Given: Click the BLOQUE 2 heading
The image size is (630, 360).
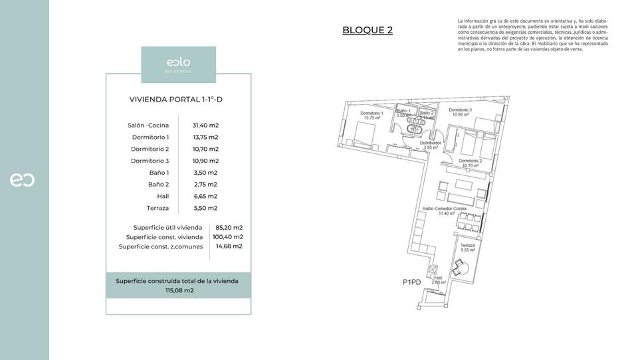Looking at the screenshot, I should coord(367,30).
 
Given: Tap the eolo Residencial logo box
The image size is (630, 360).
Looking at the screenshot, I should coord(178,64).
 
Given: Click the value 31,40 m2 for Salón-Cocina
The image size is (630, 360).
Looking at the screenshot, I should coord(205,125).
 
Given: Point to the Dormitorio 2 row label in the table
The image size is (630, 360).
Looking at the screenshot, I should coord(150,149).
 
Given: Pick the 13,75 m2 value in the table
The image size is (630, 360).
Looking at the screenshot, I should coord(205,137).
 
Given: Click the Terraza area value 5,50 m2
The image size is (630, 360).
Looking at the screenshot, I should coord(205,208).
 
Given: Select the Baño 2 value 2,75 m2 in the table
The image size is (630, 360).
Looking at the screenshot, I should coord(205,184).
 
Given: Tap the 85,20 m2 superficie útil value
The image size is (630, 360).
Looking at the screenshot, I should coord(229,227).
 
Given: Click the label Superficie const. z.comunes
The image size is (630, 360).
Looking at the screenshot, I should coord(161,246).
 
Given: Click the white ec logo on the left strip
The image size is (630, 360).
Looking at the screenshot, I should coord(22,180).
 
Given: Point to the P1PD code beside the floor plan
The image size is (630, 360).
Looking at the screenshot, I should coord(412,282).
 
